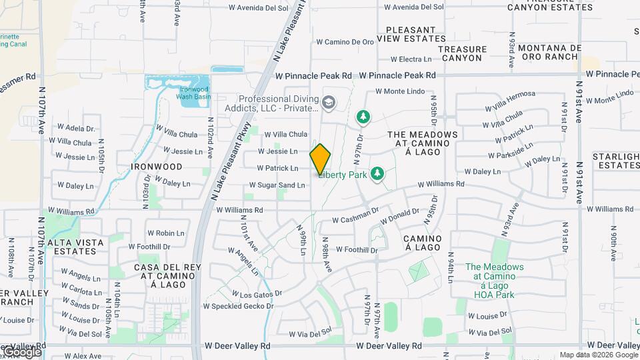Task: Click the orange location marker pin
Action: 320,158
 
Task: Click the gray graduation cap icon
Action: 327,103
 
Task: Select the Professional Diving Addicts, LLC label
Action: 278,103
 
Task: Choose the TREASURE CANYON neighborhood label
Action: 460,54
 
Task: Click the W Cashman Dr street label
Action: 355,219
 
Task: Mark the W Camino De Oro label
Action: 345,41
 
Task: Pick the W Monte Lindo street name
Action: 399,91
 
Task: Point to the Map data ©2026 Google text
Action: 598,355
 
